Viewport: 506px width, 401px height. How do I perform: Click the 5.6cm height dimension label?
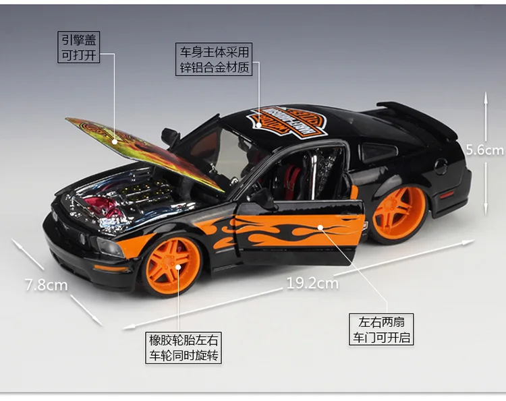pos(485,150)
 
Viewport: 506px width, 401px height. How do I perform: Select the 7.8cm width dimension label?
pos(46,284)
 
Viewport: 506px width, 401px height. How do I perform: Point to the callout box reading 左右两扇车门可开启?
pos(381,330)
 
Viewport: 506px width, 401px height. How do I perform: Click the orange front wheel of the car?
pos(173,265)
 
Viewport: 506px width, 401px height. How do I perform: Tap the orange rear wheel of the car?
pos(399,213)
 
